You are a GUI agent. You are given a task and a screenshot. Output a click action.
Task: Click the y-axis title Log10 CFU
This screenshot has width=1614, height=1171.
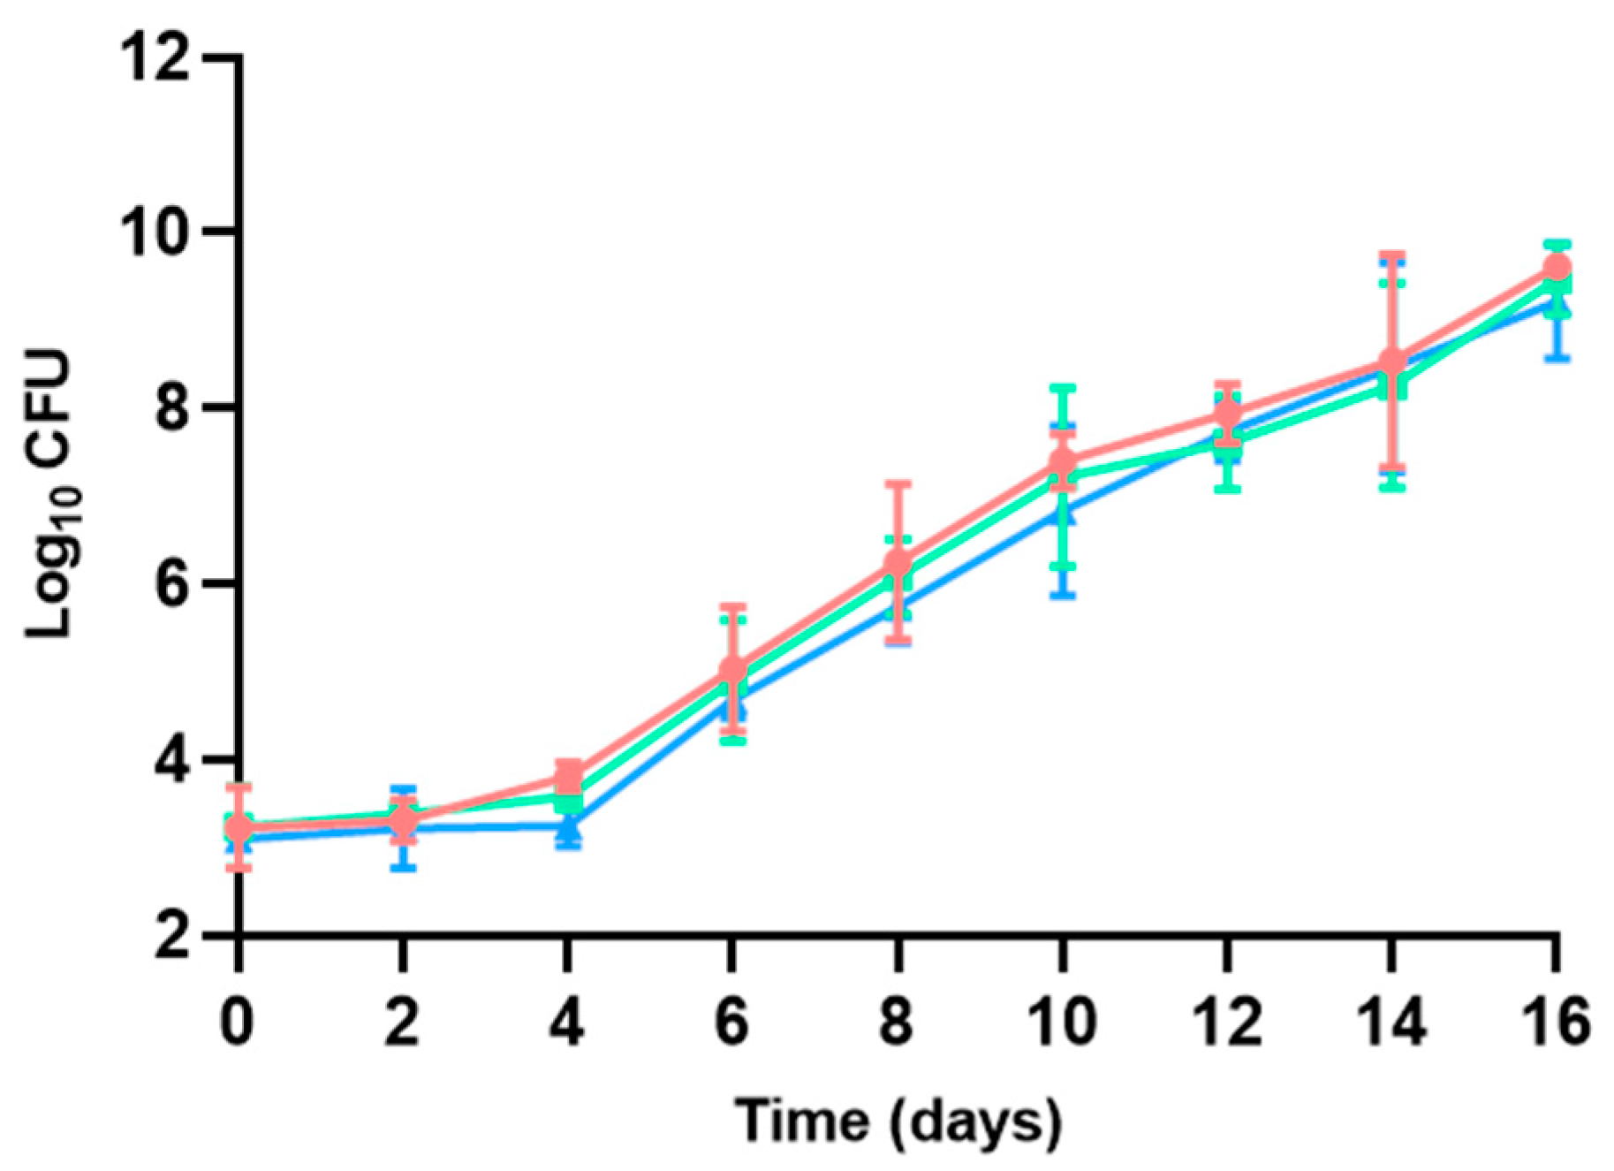point(49,495)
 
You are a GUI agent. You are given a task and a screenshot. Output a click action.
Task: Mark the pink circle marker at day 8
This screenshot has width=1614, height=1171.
point(898,563)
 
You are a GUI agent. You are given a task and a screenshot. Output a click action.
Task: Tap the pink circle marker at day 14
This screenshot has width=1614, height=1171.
point(1392,361)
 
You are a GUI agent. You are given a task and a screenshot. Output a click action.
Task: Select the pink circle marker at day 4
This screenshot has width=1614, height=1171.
point(568,777)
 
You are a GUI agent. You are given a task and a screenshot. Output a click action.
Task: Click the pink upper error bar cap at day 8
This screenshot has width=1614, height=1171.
point(898,483)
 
